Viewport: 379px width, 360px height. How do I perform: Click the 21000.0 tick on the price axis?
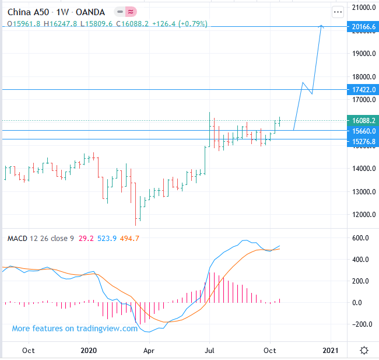[x=362, y=8]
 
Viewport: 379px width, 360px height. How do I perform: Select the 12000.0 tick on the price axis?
[x=362, y=214]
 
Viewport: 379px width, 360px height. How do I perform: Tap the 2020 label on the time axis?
[x=88, y=350]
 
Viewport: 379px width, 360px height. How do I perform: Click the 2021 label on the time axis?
[x=331, y=350]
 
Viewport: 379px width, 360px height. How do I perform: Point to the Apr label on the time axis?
[x=149, y=350]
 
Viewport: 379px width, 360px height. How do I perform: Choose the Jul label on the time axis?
[x=209, y=350]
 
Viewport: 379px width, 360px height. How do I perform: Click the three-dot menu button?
[x=338, y=11]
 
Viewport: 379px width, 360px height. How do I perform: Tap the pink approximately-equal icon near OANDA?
[x=132, y=11]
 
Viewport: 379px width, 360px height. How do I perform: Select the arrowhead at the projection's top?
[x=321, y=26]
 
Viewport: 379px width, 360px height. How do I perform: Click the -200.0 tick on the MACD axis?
[x=362, y=324]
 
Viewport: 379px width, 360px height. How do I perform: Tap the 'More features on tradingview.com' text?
[x=75, y=328]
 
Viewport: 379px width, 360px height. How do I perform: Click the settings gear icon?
[x=364, y=350]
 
